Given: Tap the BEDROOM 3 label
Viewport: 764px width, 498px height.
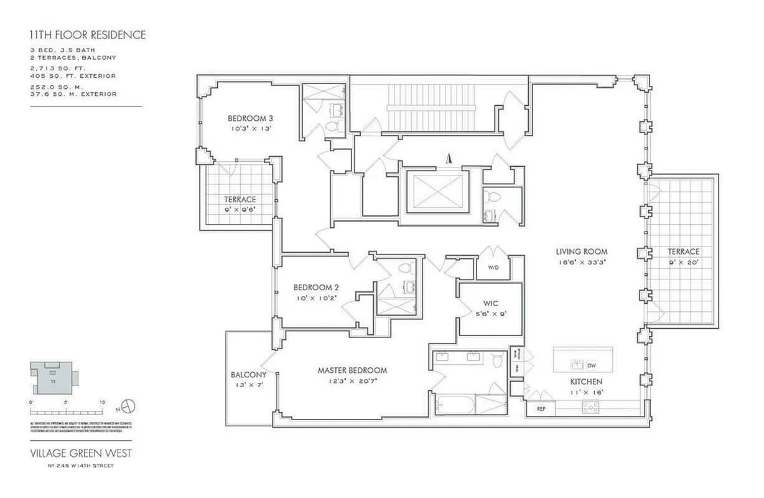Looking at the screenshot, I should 250,118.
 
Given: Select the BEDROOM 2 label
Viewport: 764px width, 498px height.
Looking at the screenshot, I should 316,287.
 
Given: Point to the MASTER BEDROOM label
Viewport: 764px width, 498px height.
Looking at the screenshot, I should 352,370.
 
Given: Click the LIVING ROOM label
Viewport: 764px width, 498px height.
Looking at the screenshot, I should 581,251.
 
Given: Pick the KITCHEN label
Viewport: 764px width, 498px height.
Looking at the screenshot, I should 586,381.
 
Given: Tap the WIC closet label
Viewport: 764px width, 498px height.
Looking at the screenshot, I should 491,304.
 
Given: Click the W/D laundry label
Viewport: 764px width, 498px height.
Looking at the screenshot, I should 493,268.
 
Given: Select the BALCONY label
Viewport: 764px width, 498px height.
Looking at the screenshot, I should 248,375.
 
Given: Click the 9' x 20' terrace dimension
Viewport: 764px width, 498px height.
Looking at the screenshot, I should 684,262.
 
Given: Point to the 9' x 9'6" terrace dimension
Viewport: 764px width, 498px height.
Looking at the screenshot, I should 240,210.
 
